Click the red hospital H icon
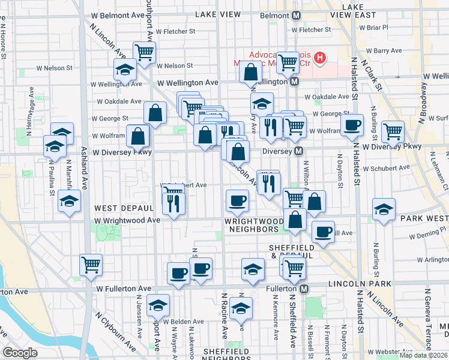tap(320, 58)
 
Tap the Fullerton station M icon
tap(304, 289)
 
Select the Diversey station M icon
tap(298, 151)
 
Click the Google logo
tap(20, 353)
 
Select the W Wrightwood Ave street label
tap(127, 220)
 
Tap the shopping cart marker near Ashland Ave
tap(91, 263)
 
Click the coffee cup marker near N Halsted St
tap(352, 125)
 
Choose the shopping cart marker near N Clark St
tap(393, 131)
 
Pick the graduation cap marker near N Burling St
tap(384, 209)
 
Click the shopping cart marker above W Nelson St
tap(145, 52)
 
